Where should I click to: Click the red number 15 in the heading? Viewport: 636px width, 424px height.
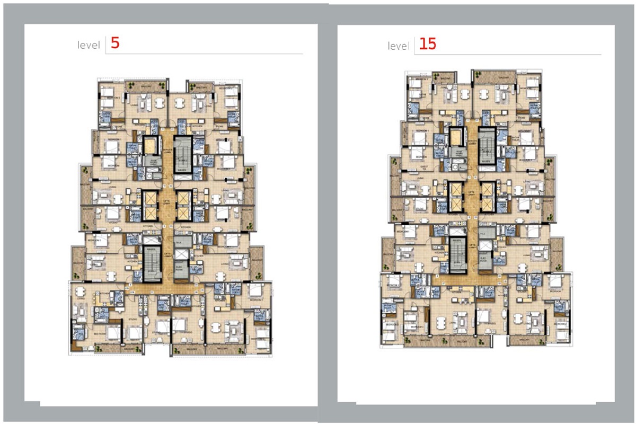tap(427, 44)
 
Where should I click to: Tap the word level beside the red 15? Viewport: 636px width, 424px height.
tap(398, 46)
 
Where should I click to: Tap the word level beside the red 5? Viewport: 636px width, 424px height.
tap(89, 46)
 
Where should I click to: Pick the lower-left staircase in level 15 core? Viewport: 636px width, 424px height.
tap(457, 253)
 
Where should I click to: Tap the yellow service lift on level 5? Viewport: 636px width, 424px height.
tap(151, 145)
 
